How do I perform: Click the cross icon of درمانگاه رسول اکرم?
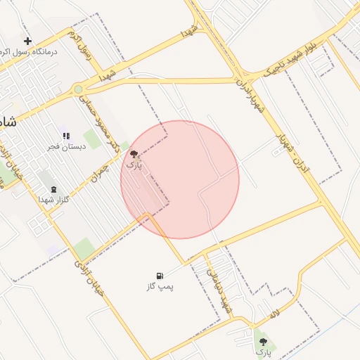click(27, 41)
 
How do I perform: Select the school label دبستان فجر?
click(65, 146)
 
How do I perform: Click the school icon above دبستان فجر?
click(65, 136)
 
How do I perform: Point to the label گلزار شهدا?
click(53, 200)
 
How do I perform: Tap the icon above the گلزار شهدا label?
click(54, 190)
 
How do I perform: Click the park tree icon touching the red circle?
click(134, 154)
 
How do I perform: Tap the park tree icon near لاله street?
click(263, 341)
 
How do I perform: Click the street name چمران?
click(103, 173)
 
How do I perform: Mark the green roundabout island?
click(78, 89)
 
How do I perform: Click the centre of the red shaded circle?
click(180, 179)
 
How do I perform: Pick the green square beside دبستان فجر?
click(92, 139)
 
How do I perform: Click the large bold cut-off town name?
click(7, 121)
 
